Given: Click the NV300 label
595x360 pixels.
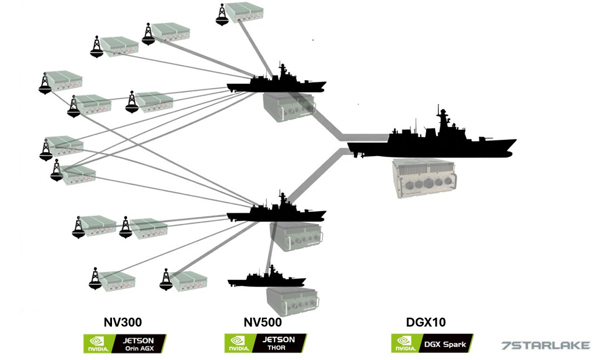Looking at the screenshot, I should (x=123, y=322).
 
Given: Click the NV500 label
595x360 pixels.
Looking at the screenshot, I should (x=262, y=322).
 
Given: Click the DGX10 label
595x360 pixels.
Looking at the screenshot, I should (x=426, y=322).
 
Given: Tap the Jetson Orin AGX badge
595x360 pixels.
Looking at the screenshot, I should (x=124, y=343).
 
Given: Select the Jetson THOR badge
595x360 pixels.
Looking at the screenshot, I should (x=265, y=343).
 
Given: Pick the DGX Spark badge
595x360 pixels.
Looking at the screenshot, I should (x=432, y=343).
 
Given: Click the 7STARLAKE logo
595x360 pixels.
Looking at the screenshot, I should (x=545, y=345).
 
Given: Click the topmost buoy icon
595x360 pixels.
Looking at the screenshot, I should (x=222, y=14).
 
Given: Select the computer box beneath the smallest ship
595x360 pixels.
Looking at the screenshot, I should (x=292, y=303).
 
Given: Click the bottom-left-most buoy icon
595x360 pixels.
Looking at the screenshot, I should (x=96, y=279).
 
